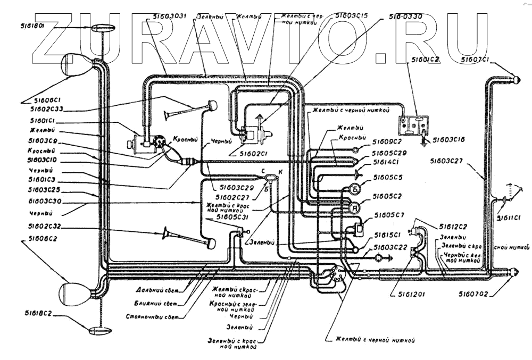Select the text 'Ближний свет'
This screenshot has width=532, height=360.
pos(156,303)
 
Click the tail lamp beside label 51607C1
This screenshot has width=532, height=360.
pos(514,79)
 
